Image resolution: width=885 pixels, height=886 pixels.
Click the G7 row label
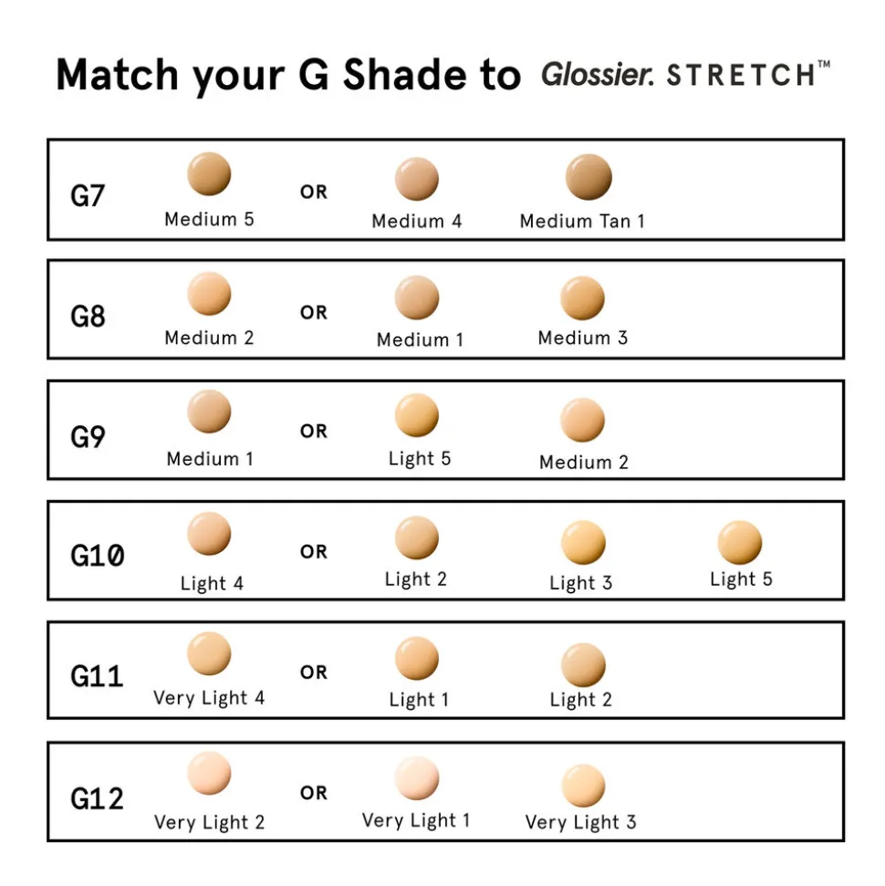(x=88, y=196)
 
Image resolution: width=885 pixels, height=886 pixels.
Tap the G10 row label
(x=98, y=555)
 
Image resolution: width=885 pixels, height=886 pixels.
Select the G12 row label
(x=97, y=798)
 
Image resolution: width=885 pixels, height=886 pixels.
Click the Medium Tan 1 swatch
(x=588, y=177)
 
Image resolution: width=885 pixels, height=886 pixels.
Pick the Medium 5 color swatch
(x=209, y=173)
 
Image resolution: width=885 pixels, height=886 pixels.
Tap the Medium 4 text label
(x=417, y=221)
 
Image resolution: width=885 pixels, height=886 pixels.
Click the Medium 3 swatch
(x=582, y=297)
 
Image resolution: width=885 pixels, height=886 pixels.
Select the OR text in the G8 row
(x=314, y=312)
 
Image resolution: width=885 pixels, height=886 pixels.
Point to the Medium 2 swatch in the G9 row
(x=582, y=420)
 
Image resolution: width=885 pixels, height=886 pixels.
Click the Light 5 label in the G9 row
(x=420, y=458)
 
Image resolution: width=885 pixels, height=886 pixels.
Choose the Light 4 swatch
(x=209, y=534)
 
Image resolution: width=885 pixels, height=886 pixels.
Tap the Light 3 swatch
(x=583, y=542)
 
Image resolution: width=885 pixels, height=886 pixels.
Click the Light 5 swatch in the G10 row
(x=739, y=542)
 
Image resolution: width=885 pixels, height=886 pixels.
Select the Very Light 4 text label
(x=209, y=698)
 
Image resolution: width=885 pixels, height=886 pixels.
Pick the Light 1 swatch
(x=417, y=658)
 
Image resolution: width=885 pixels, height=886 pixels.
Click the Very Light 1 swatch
(x=417, y=778)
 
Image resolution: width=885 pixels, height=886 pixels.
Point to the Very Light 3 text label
(x=580, y=821)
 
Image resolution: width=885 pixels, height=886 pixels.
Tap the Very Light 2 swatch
(x=209, y=773)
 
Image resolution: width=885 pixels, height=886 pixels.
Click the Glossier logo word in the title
(x=598, y=75)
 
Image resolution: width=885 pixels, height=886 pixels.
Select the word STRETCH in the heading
(x=742, y=75)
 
